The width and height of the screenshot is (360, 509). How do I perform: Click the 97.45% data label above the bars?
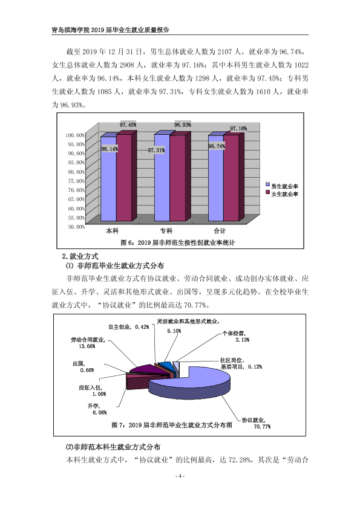coord(128,125)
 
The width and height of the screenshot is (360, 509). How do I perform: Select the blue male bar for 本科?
coord(108,178)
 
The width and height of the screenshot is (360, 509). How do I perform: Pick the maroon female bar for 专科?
coord(177,178)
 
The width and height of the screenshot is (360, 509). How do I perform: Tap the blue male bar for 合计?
coord(216,178)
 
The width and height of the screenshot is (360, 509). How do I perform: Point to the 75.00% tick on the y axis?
coord(76,181)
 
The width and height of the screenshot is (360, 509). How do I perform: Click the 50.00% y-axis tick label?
coord(76,227)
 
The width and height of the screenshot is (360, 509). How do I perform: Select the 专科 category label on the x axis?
coord(166,231)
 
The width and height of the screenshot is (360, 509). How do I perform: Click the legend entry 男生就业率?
coord(282,186)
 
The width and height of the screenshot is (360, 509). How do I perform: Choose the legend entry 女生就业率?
coord(282,194)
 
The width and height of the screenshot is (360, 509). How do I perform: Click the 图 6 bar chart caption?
coord(177,242)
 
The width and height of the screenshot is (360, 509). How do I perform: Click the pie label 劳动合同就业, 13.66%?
coord(88,343)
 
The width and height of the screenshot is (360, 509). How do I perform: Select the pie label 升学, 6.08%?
coord(97,409)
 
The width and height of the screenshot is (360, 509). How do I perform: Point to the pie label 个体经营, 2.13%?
coord(236,336)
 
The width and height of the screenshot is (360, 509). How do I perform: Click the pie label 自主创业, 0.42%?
coord(129,327)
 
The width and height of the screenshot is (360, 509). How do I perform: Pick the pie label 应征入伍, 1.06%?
coord(93,391)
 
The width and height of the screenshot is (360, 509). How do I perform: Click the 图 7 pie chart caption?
coord(172,425)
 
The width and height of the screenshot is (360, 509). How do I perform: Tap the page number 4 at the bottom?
coord(180,476)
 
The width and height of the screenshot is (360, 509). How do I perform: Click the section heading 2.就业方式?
coord(80,256)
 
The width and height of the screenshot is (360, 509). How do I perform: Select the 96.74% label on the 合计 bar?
coord(217,146)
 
